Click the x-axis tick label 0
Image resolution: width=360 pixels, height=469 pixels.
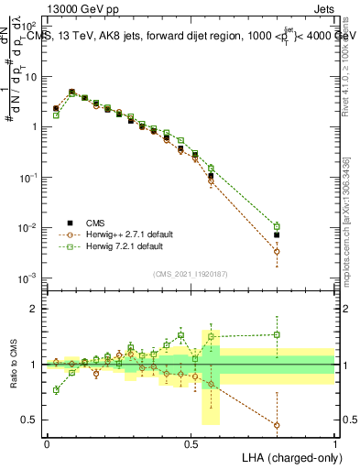[47, 442]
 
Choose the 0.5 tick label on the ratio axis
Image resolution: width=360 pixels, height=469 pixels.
[32, 420]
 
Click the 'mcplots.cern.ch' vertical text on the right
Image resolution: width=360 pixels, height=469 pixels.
[350, 266]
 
